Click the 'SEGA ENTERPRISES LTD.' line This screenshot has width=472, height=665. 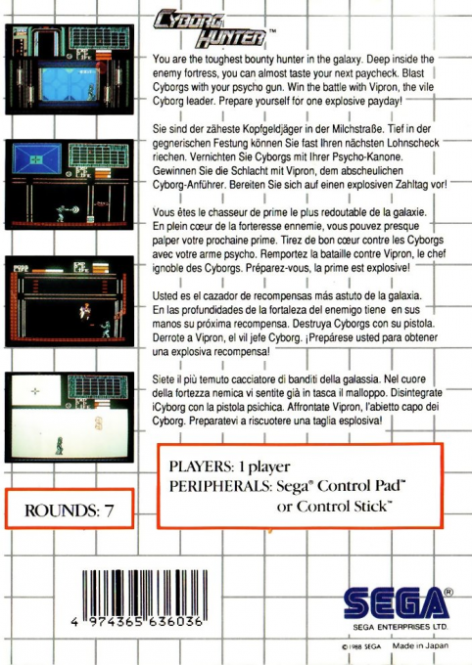400,623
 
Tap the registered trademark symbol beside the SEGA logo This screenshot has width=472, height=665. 448,591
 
